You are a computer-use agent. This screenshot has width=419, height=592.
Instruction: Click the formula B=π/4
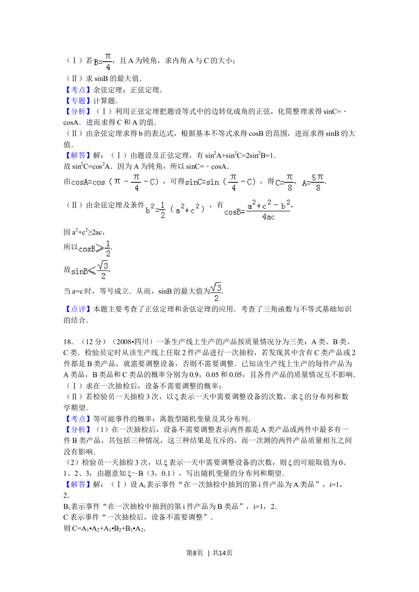tap(102, 62)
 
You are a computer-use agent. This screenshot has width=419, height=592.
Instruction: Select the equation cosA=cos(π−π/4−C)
tap(117, 183)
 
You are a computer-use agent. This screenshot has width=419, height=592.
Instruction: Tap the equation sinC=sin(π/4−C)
tap(222, 183)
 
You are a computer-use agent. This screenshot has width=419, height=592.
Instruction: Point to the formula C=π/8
tap(284, 183)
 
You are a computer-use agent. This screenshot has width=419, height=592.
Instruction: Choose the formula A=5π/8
tap(312, 183)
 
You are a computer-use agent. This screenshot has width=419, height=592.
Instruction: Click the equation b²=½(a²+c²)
tap(177, 209)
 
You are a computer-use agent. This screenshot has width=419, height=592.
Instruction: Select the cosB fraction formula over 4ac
tap(256, 211)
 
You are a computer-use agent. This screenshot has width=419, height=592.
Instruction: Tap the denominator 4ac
tap(268, 217)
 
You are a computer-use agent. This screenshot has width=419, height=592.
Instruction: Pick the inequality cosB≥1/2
tap(94, 249)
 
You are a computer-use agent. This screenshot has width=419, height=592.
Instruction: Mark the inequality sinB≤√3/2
tap(91, 270)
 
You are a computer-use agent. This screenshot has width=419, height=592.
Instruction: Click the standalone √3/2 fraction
tap(215, 293)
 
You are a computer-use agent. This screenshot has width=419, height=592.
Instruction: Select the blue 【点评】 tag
tap(78, 310)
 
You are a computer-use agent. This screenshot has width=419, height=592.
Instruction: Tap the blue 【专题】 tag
tap(78, 101)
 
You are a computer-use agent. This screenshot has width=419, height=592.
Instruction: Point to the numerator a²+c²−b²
tap(268, 205)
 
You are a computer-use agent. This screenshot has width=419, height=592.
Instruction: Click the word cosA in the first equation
tap(79, 183)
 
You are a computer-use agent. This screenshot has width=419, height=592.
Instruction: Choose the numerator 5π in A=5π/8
tap(318, 178)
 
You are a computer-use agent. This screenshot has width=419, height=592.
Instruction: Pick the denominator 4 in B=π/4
tap(108, 67)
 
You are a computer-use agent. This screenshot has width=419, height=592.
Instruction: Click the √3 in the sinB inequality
tap(103, 265)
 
